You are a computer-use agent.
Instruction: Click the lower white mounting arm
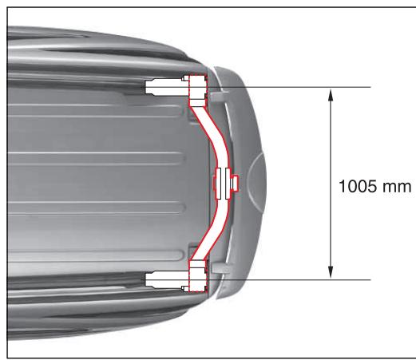click(x=165, y=279)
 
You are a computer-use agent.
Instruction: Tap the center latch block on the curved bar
click(x=221, y=183)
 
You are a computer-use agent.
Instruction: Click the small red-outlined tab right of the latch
click(x=236, y=184)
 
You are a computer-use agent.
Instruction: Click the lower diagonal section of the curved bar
click(x=206, y=239)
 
